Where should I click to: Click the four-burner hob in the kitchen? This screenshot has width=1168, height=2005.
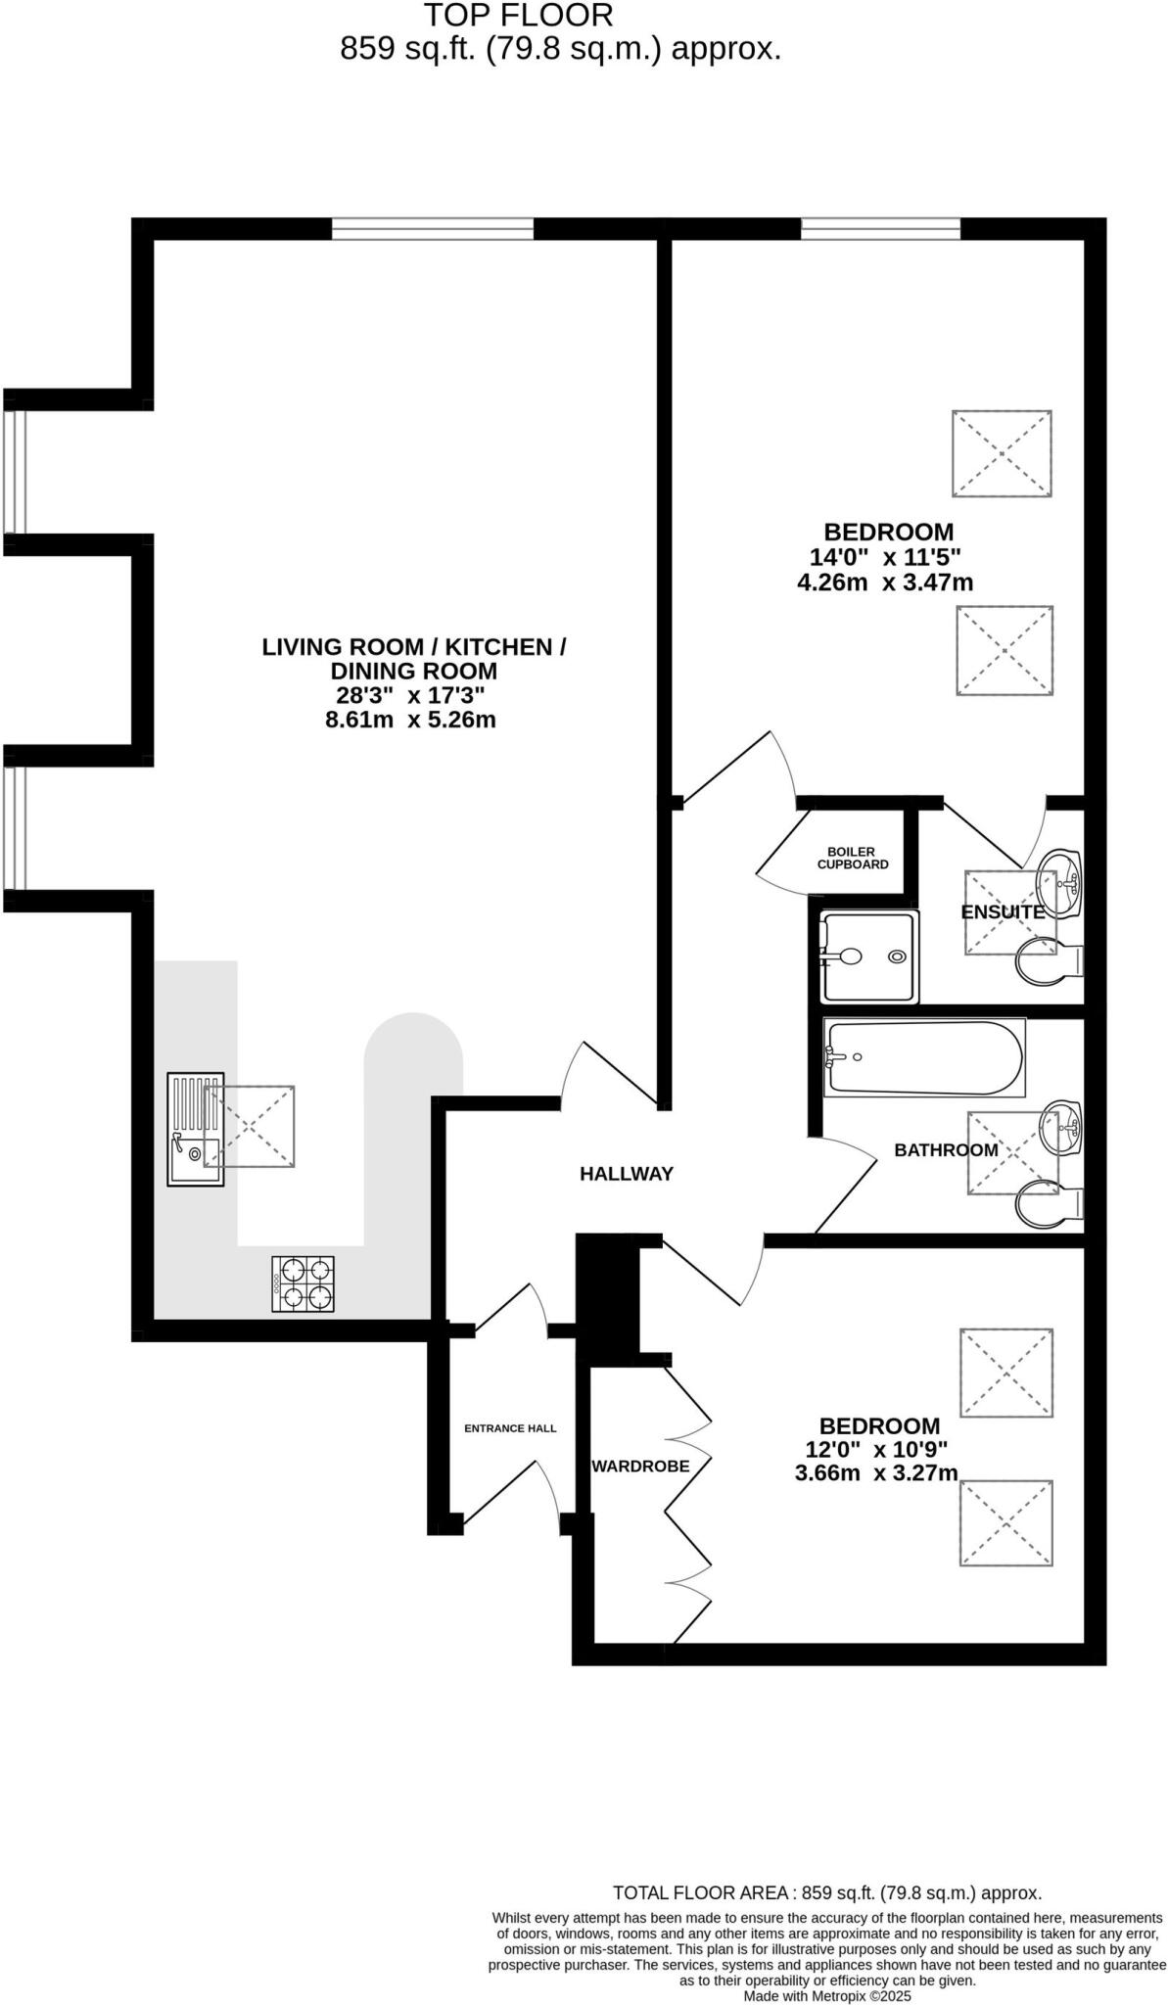[x=303, y=1283]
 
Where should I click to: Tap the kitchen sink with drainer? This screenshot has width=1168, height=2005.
[x=195, y=1131]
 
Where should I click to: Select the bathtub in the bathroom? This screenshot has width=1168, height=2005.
[x=923, y=1058]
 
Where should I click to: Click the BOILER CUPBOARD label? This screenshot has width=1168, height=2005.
[x=853, y=859]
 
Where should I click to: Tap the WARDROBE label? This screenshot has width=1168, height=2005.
[x=640, y=1467]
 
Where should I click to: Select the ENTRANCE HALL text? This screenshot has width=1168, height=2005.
[x=510, y=1428]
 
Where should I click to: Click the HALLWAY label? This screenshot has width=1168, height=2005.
[x=627, y=1174]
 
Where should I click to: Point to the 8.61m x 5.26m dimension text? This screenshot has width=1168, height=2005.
[x=410, y=721]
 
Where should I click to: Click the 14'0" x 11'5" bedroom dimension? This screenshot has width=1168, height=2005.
[x=885, y=558]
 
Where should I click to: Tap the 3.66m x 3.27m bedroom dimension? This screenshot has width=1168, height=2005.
[x=875, y=1473]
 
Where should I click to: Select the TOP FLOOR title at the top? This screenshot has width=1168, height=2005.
[x=518, y=16]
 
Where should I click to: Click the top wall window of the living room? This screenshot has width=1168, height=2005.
[x=433, y=229]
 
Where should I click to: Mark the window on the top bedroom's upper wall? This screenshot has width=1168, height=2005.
[x=880, y=229]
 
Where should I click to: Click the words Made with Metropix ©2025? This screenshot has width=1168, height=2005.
[x=827, y=1995]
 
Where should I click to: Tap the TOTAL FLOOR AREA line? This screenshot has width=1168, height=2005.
[x=826, y=1893]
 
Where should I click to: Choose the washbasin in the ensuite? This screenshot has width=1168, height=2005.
[x=1061, y=876]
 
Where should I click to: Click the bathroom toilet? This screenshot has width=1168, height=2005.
[x=1049, y=1202]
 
